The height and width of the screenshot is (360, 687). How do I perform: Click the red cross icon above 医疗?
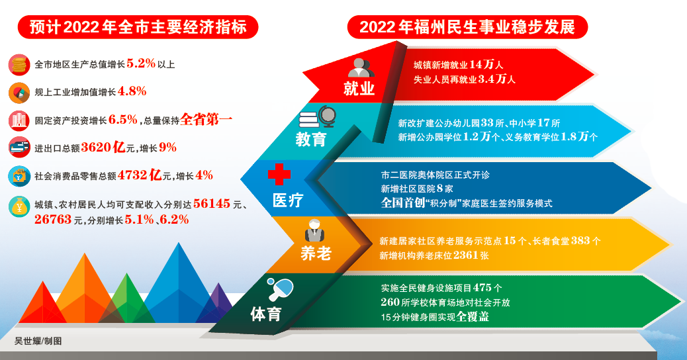coord(279,174)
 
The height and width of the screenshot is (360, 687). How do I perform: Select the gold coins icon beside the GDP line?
coord(19,65)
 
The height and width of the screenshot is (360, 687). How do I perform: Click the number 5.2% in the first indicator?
coord(141,64)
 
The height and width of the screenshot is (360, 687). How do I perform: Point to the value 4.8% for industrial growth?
coord(132,91)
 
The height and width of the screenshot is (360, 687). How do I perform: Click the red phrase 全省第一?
coord(206,119)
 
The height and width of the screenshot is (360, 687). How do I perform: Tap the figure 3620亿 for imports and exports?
coord(103,147)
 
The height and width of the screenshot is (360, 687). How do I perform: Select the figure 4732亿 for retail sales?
coord(140,175)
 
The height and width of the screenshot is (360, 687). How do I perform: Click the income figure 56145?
coord(212,204)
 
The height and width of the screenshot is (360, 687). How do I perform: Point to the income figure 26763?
coord(53,220)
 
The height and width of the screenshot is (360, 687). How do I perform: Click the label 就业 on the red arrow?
coord(359,89)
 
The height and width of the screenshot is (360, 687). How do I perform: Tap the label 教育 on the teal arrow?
coord(311,139)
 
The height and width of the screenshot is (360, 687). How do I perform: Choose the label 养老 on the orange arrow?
coord(316,253)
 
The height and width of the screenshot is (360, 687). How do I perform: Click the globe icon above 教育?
coord(328,116)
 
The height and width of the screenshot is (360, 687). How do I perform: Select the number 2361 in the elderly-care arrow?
coord(465,255)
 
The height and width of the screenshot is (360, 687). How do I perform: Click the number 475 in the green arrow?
coord(482,288)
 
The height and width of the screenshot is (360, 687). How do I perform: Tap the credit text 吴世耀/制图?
coord(38,341)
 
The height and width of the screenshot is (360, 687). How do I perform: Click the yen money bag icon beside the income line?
coord(19,206)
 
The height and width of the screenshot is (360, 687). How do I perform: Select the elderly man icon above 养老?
coord(314,231)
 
